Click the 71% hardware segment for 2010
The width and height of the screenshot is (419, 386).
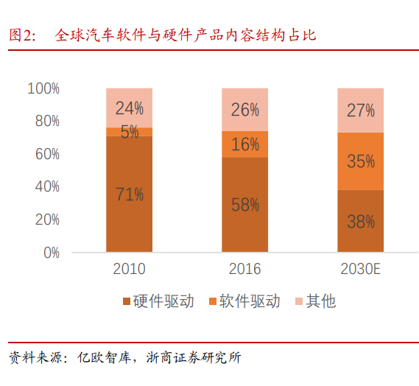click(x=129, y=194)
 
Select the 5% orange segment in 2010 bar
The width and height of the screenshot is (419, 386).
click(x=129, y=132)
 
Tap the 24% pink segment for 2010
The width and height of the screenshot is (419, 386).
click(x=129, y=108)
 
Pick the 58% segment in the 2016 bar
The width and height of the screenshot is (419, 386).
click(x=244, y=205)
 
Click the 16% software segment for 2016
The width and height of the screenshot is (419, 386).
click(x=244, y=144)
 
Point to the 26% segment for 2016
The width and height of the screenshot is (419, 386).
click(x=244, y=110)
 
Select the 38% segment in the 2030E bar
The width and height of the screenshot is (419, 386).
click(x=360, y=221)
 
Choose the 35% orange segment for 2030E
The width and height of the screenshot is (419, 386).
click(x=360, y=161)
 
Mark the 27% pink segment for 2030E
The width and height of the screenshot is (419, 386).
click(x=360, y=110)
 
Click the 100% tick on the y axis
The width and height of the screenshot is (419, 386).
click(x=43, y=88)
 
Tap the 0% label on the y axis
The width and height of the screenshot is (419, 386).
click(x=50, y=253)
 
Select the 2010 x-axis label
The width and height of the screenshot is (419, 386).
click(x=129, y=269)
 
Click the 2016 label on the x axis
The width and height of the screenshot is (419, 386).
click(x=244, y=269)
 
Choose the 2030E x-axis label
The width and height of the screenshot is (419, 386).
click(x=360, y=269)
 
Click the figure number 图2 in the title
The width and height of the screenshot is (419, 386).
click(x=22, y=35)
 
